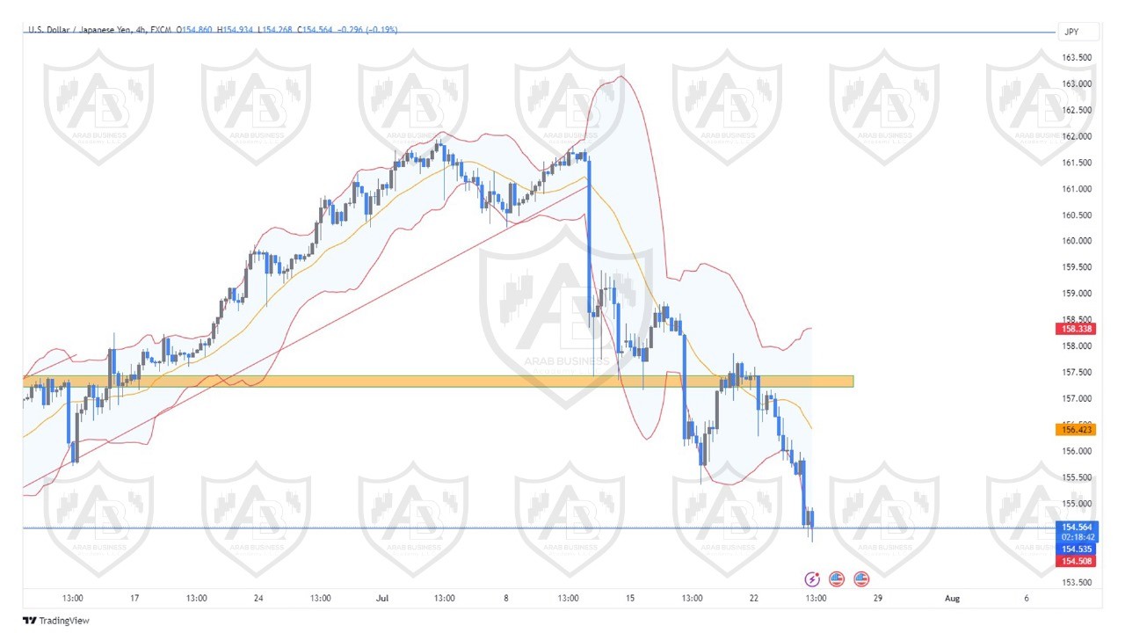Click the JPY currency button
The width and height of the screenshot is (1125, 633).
coord(1071,32)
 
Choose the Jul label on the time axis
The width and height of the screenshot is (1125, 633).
coord(382,598)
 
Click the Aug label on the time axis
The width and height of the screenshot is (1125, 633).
coord(951,598)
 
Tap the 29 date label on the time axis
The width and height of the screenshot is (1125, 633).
coord(877,598)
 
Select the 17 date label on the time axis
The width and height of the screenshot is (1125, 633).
coord(134,598)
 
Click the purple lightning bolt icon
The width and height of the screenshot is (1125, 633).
coord(812,578)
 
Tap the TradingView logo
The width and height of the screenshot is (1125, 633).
coord(56,621)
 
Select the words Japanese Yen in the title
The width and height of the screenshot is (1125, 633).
coord(109,30)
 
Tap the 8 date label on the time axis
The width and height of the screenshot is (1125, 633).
coord(506,598)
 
